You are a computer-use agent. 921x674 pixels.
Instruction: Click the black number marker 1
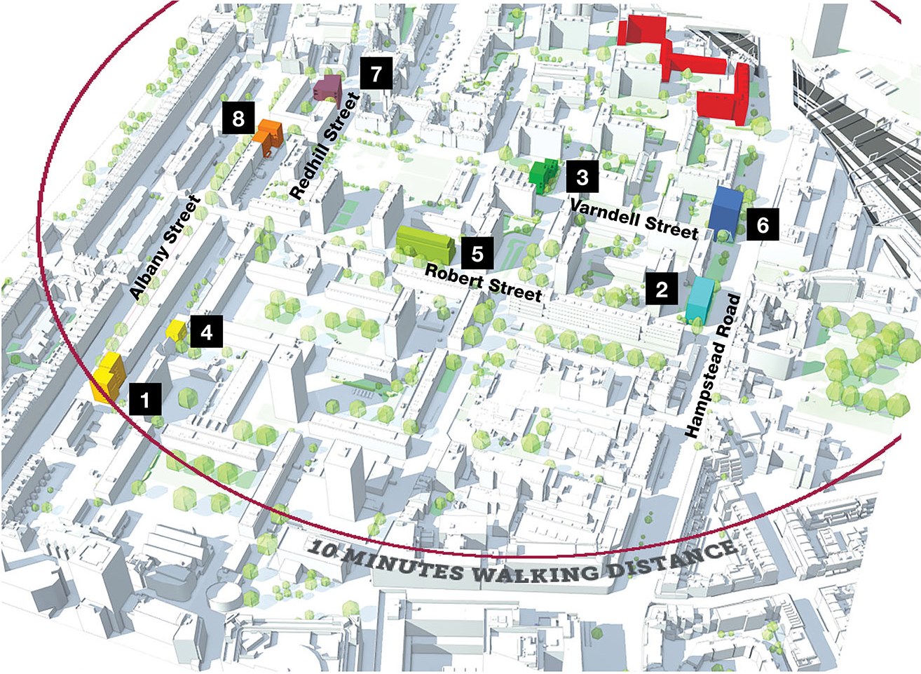145,400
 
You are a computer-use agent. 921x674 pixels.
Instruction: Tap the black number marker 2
662,288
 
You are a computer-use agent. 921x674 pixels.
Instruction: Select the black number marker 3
582,177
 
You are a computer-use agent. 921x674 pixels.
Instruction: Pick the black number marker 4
206,331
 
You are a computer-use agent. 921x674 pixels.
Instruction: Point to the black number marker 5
477,252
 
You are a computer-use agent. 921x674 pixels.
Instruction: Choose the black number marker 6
762,224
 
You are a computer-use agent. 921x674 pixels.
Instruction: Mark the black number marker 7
376,73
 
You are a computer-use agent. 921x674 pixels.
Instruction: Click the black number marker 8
238,118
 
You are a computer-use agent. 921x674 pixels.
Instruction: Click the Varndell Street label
634,218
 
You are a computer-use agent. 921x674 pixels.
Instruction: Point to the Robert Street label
484,282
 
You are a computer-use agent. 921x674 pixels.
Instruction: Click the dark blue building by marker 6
725,210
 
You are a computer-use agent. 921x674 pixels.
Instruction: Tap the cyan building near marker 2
700,299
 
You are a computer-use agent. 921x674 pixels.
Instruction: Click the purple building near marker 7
327,88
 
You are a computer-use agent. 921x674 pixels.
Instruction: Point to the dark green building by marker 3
544,174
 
